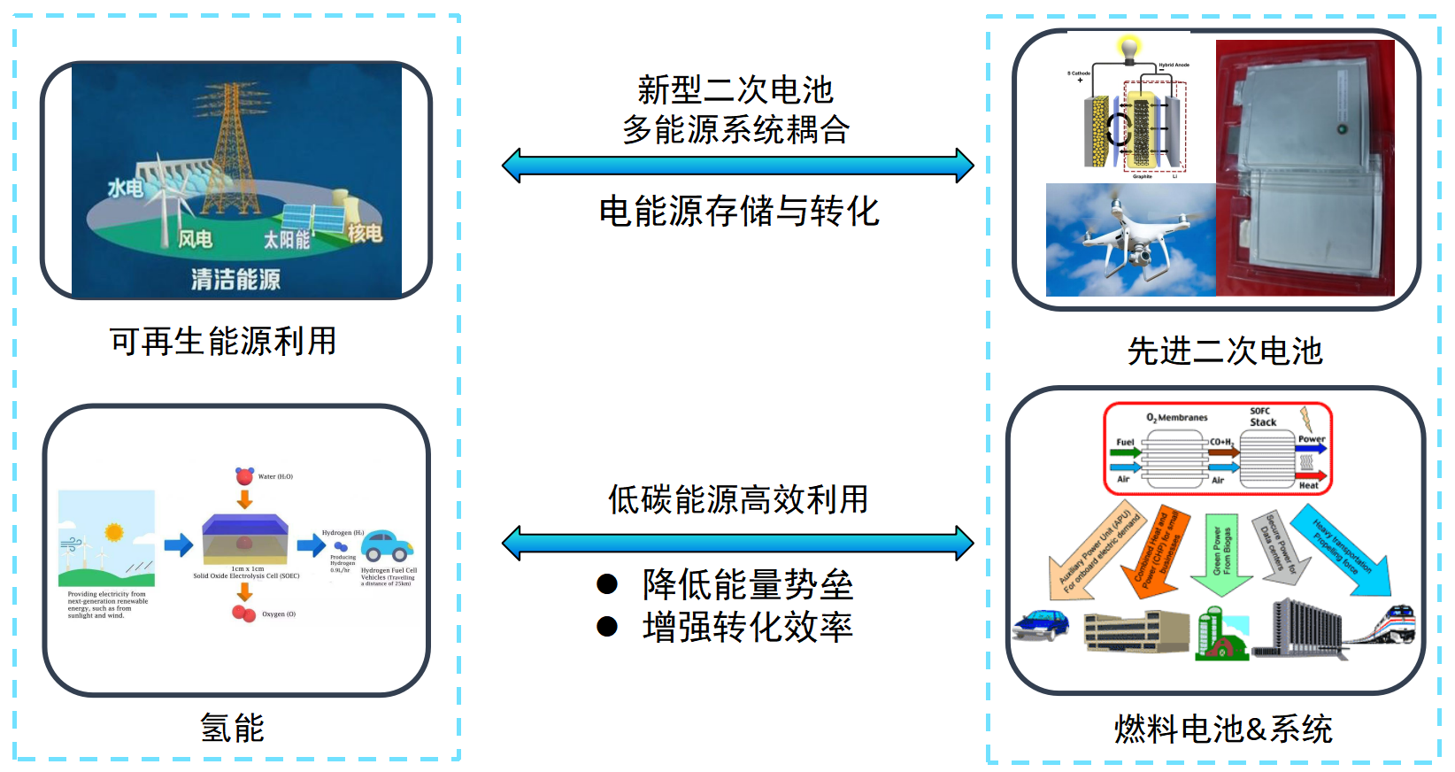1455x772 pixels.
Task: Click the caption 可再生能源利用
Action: pos(223,342)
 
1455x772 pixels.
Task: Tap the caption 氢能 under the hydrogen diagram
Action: pos(232,728)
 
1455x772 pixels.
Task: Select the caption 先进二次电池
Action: pos(1225,351)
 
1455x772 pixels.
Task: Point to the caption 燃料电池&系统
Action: pos(1223,730)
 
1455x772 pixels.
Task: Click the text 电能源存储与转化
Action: pos(739,212)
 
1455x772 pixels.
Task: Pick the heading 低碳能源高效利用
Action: pos(738,499)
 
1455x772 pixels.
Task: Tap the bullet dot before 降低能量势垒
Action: pos(607,583)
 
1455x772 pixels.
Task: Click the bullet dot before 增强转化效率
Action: pos(607,627)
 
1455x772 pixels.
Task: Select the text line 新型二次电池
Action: pos(735,89)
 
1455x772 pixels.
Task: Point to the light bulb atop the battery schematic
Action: pos(1128,49)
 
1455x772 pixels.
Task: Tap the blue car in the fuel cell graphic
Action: pos(1040,623)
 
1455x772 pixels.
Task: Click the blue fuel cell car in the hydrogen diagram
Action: pos(388,545)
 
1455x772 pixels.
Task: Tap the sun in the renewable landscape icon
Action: pos(114,531)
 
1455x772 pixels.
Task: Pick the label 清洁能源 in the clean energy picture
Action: pos(235,280)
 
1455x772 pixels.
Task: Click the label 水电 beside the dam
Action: pos(125,188)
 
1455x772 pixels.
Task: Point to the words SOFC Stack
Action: pos(1262,417)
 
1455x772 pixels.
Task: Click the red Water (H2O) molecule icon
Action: pos(244,476)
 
